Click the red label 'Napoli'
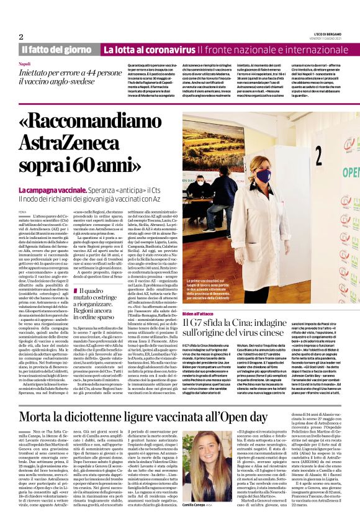click(x=25, y=64)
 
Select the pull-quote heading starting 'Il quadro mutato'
click(x=97, y=300)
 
